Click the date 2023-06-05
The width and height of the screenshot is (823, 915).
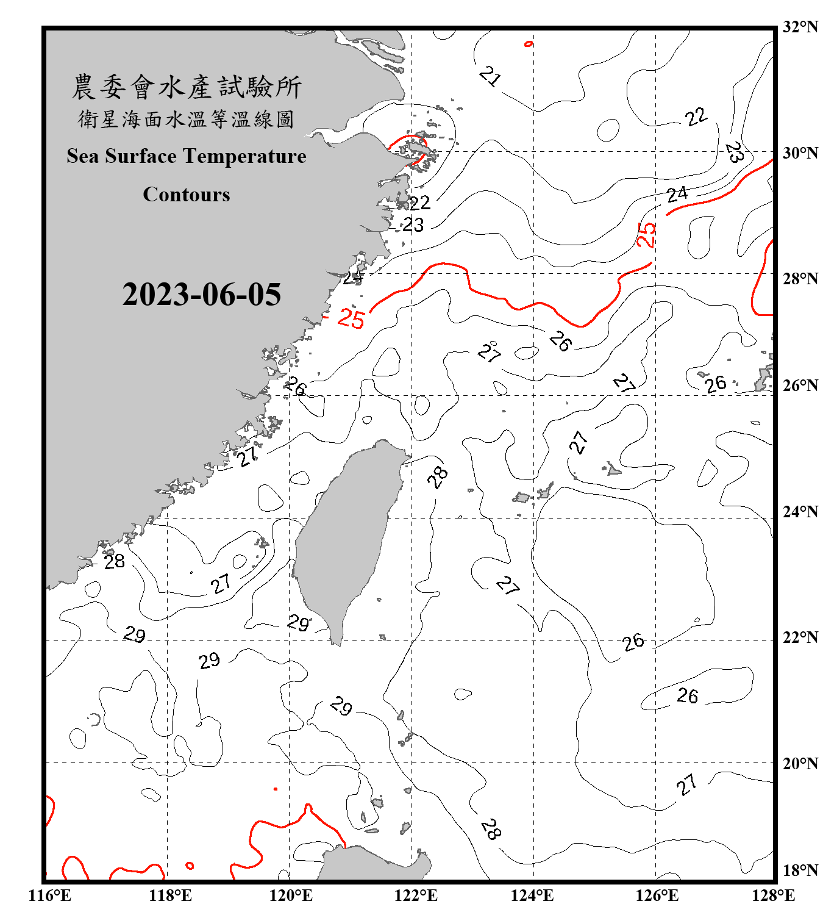click(201, 295)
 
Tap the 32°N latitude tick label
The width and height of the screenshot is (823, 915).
click(800, 27)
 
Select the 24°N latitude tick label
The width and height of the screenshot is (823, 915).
click(800, 511)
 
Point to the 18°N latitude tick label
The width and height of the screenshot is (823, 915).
click(800, 870)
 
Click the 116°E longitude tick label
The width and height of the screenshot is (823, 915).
click(50, 895)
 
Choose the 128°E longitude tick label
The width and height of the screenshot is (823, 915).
click(773, 895)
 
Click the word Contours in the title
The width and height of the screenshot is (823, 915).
click(187, 195)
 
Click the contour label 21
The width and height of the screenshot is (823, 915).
click(490, 76)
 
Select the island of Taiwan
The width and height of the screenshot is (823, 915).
click(347, 537)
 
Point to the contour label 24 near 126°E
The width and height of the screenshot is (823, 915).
click(677, 195)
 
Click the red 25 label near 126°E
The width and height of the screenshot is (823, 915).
click(646, 235)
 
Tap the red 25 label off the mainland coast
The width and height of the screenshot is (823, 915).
click(351, 318)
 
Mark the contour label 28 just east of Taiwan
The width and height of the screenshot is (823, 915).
click(437, 476)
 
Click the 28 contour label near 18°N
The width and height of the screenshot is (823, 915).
click(491, 828)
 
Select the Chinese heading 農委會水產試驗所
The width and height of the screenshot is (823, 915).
click(187, 87)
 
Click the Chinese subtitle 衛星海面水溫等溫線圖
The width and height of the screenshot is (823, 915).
click(187, 119)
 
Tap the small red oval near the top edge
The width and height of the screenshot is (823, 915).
click(529, 44)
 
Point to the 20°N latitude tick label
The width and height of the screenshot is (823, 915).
click(800, 762)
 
